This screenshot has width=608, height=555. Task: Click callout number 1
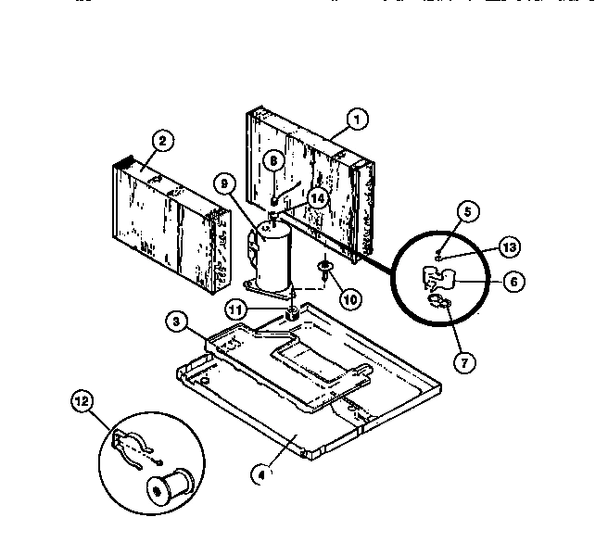pyautogui.click(x=355, y=119)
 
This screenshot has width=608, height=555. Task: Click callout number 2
pyautogui.click(x=162, y=142)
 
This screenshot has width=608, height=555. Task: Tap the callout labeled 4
pyautogui.click(x=262, y=475)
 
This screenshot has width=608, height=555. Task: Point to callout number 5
pyautogui.click(x=468, y=210)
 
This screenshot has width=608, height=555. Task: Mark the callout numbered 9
pyautogui.click(x=222, y=184)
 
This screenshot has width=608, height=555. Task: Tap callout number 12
pyautogui.click(x=82, y=400)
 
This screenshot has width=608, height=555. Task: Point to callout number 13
pyautogui.click(x=509, y=246)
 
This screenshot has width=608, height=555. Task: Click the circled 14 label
pyautogui.click(x=318, y=197)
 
